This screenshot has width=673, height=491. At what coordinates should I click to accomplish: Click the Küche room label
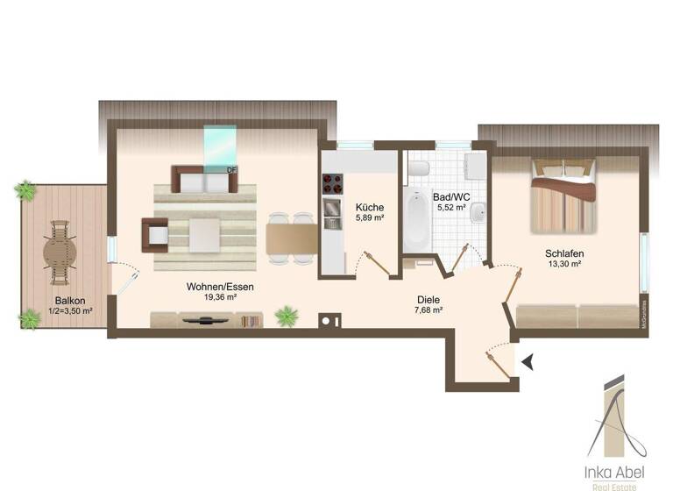tap(369, 208)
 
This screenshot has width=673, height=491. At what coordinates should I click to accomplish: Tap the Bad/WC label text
tap(450, 198)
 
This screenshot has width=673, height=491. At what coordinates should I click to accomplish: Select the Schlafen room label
tap(564, 253)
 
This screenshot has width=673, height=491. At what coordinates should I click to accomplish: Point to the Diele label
tap(429, 299)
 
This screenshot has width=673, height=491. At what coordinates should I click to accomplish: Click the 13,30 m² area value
tap(564, 264)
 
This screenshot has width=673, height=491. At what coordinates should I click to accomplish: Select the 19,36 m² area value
tap(219, 297)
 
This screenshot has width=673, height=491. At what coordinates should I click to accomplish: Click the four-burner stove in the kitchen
tap(334, 183)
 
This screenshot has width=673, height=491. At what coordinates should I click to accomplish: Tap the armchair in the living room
tap(156, 234)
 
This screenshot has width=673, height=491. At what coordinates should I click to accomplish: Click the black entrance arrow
tap(526, 360)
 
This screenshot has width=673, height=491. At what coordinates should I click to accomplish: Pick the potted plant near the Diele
tap(286, 315)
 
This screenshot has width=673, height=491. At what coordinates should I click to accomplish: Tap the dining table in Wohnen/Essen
tap(292, 237)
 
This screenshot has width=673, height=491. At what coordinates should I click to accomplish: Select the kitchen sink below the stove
tap(333, 208)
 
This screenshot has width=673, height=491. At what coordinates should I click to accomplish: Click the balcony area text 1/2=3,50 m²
tap(71, 310)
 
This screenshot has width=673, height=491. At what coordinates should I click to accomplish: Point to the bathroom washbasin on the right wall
tap(478, 213)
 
